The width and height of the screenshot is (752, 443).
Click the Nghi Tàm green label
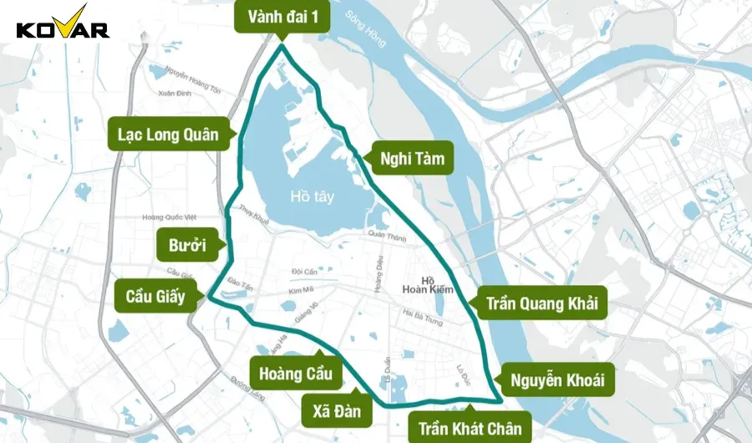tap(411, 157)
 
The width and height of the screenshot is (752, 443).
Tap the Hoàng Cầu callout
tap(295, 373)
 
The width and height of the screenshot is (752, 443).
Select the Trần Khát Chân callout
tap(470, 428)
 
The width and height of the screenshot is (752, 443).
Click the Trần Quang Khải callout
tap(542, 303)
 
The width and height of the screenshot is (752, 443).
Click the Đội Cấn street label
tap(305, 272)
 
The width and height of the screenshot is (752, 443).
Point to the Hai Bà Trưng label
tap(421, 315)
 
